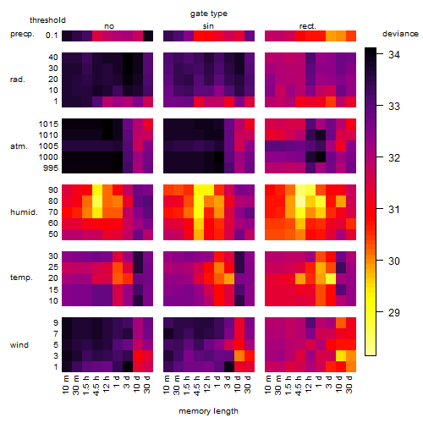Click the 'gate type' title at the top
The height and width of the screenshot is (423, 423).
point(209,14)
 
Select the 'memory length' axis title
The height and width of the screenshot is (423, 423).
point(208,411)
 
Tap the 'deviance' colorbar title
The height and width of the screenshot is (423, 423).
point(400,34)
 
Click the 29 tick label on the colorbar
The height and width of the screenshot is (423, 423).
point(394,312)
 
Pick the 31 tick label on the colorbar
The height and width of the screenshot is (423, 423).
point(394,210)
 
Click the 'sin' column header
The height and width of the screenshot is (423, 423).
point(208,26)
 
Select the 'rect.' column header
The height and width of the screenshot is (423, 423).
point(308,26)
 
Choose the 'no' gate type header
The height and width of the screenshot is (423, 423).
point(109,26)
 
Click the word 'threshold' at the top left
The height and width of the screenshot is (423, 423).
point(47,20)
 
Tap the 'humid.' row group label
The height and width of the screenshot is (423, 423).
point(24,212)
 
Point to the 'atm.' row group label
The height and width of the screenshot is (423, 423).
point(19,146)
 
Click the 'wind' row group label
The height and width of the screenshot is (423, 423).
point(19,345)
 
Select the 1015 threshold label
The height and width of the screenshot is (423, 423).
point(48,124)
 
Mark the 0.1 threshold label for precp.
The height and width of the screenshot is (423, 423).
point(52,36)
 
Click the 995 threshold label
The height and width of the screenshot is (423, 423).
point(51,168)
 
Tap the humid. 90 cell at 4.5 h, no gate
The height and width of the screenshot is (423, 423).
point(97,190)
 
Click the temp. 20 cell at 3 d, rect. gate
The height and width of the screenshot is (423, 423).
point(331,278)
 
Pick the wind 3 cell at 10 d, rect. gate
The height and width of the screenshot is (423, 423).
point(341,356)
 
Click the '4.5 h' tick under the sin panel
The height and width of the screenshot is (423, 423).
point(197,386)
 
